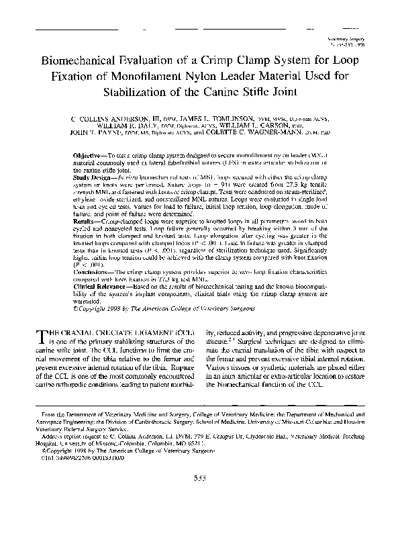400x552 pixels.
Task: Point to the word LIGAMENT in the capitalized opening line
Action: [x=141, y=332]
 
